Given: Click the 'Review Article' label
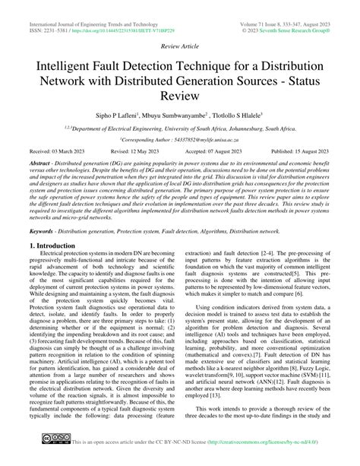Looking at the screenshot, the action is tap(179, 45).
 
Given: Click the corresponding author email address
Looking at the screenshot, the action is tap(202, 141).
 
